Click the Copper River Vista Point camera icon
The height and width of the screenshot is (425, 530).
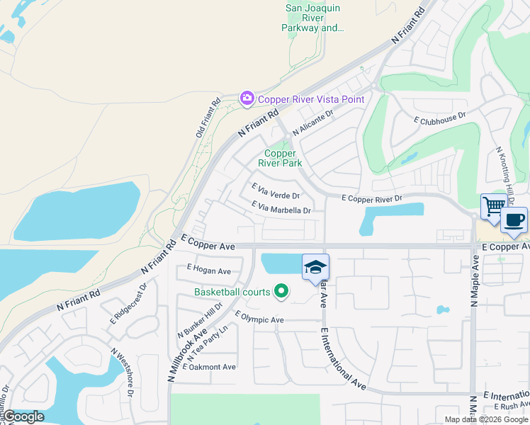[247, 98]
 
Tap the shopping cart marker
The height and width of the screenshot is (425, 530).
[494, 208]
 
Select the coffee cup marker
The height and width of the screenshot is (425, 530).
[514, 220]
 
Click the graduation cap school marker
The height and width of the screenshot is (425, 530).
[315, 267]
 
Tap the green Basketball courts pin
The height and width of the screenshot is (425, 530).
[281, 291]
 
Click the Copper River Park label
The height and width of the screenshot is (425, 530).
[283, 158]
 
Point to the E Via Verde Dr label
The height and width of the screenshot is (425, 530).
[276, 191]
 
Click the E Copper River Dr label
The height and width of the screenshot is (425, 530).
[372, 199]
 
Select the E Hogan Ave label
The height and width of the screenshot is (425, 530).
[209, 271]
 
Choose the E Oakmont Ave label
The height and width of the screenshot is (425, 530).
[210, 367]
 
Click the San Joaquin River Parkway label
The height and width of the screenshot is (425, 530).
[314, 18]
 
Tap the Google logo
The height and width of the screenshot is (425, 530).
[23, 416]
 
